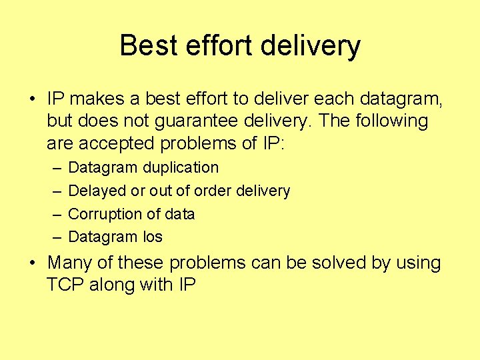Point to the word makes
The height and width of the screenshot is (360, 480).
click(97, 99)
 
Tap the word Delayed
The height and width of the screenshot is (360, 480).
click(97, 191)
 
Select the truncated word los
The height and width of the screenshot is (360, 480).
click(153, 237)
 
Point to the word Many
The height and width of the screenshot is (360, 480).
click(70, 263)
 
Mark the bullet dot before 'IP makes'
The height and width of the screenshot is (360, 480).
click(33, 100)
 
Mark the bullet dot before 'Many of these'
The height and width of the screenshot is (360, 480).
click(33, 263)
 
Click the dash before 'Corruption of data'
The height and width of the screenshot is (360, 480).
click(56, 214)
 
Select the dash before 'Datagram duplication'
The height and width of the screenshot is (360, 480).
click(56, 167)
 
